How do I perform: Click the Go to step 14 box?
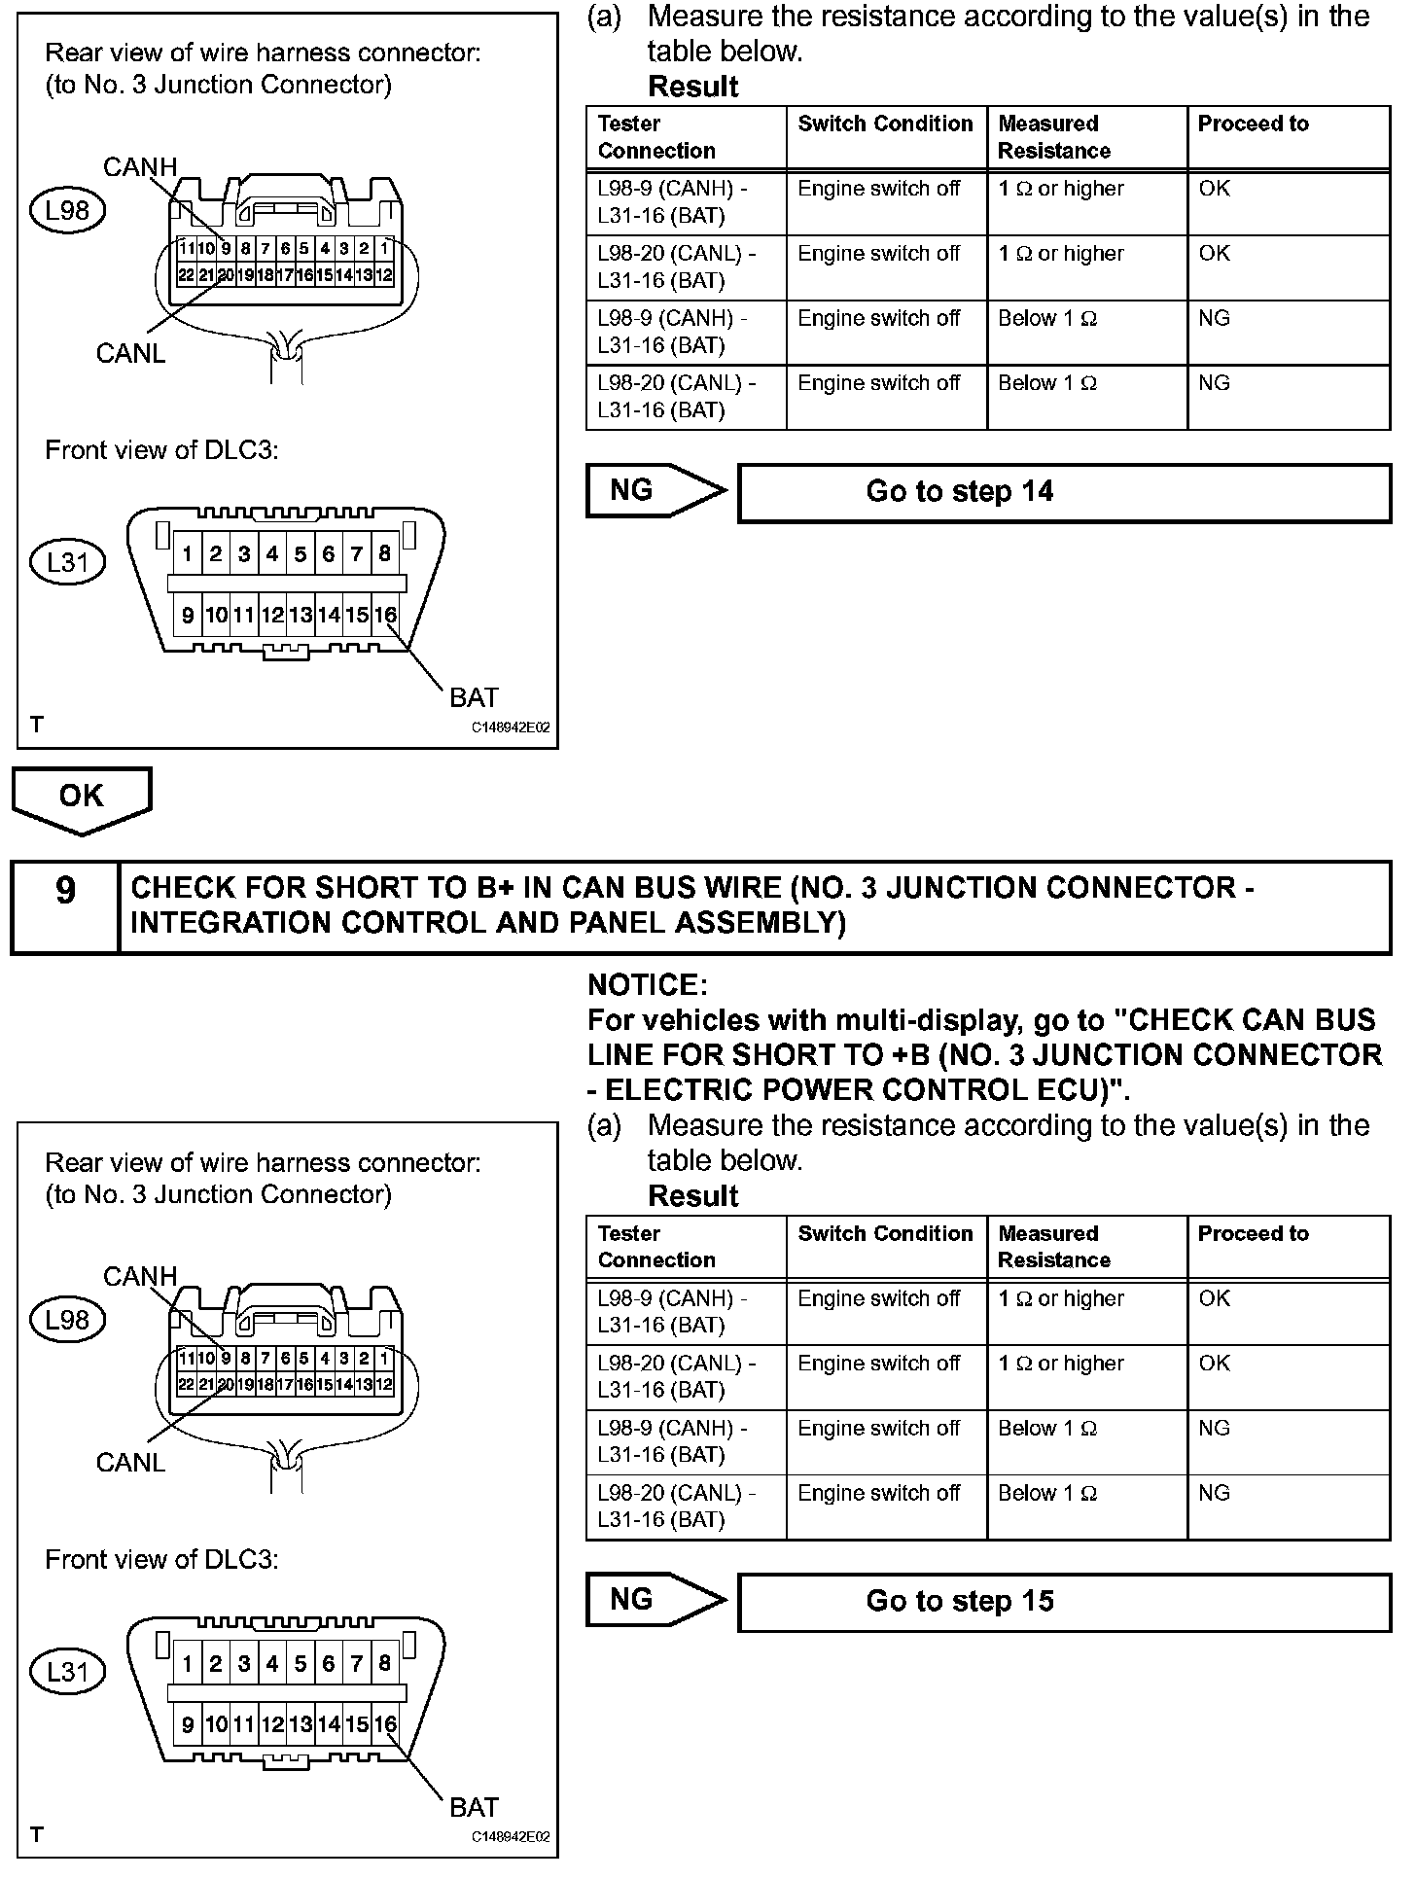pos(1064,493)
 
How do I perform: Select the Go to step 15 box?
pos(1064,1602)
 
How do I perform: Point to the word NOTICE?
pos(647,985)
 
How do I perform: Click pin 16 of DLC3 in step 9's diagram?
pos(386,1724)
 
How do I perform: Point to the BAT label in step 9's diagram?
pos(474,1807)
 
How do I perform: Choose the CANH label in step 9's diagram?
pos(140,1276)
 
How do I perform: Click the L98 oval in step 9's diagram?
pos(67,1320)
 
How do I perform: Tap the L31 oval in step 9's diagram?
pos(67,1672)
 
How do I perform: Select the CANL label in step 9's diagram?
pos(130,1463)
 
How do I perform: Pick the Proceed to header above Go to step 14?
pos(1253,124)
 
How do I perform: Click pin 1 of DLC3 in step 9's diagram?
pos(188,1664)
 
